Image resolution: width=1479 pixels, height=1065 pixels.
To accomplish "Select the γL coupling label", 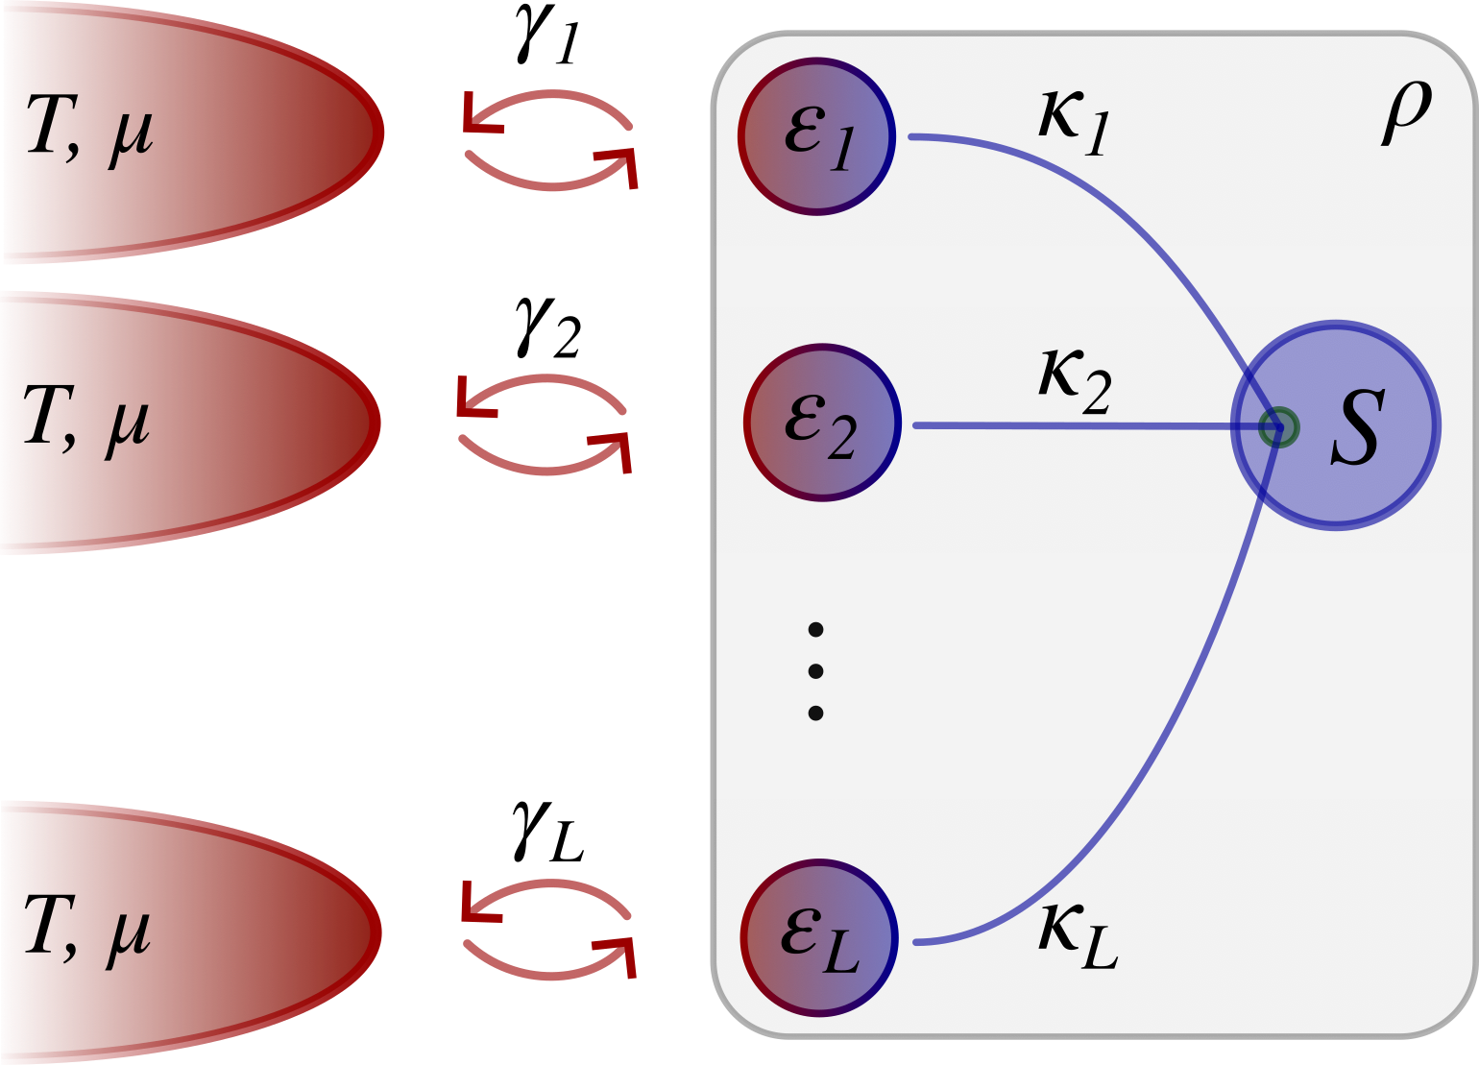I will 547,833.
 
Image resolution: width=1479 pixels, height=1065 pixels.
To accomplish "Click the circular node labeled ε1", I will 817,136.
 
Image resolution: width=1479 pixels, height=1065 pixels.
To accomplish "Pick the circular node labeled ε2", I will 822,423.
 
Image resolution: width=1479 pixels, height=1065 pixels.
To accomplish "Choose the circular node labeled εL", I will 819,936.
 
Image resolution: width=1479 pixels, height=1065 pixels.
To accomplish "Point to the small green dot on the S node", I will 1278,426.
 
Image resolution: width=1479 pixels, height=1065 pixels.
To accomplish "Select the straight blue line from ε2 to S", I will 1066,424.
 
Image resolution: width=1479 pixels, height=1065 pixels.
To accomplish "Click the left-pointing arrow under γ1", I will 543,104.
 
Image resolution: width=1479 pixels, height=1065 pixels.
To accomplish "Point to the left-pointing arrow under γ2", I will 538,388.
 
